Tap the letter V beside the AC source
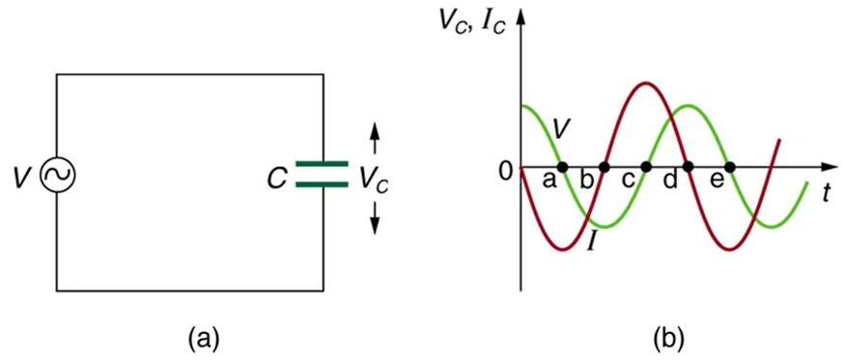click(22, 177)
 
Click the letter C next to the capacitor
click(277, 178)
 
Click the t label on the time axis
click(827, 191)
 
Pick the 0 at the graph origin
click(504, 174)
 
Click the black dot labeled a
click(563, 167)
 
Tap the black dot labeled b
click(604, 167)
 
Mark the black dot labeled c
click(647, 167)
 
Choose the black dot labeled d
click(689, 167)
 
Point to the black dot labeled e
click(730, 167)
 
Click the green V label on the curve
click(564, 127)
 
